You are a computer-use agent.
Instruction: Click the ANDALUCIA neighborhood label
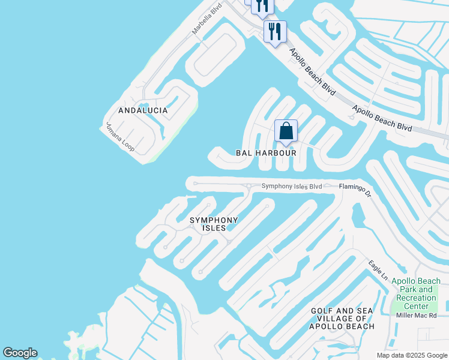point(143,111)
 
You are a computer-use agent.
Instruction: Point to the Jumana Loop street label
point(120,137)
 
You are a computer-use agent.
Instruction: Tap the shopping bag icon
point(286,131)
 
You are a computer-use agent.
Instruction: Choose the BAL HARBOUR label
point(266,153)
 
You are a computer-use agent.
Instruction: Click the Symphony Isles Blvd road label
point(292,187)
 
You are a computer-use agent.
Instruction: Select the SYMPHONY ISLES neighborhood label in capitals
point(214,224)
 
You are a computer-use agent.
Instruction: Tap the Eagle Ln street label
point(379,269)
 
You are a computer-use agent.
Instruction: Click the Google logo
point(20,353)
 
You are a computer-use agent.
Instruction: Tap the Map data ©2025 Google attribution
point(412,355)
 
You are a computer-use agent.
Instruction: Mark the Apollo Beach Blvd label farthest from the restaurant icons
point(382,119)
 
